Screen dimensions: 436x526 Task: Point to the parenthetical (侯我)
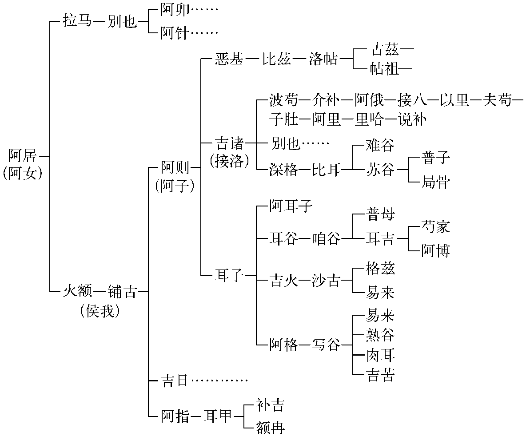pos(100,311)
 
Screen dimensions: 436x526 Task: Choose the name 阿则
pos(175,168)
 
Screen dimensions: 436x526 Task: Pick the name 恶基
pos(229,59)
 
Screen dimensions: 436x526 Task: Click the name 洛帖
pos(323,59)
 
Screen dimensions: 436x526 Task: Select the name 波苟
pos(283,101)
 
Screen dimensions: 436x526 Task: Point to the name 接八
pos(412,101)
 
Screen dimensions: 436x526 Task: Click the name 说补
pos(412,119)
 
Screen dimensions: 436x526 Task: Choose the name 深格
pos(283,170)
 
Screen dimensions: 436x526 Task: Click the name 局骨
pos(435,182)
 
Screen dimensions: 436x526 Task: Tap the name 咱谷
pos(326,239)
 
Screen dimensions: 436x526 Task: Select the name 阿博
pos(435,251)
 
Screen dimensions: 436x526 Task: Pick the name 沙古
pos(326,281)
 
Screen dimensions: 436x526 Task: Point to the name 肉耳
pos(380,356)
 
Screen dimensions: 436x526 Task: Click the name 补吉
pos(270,405)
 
